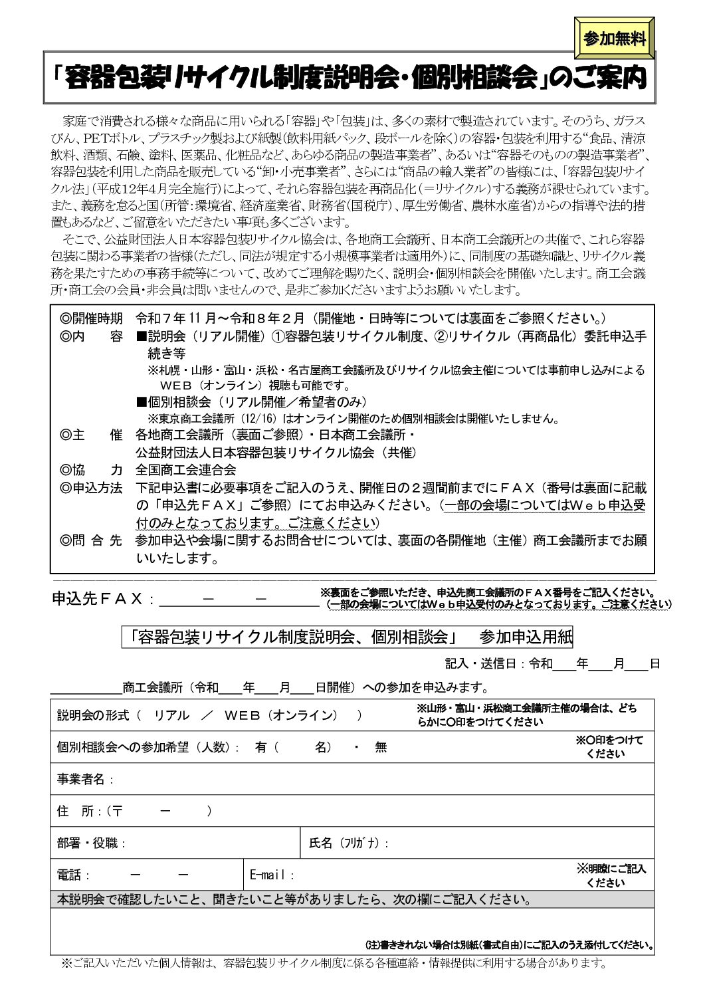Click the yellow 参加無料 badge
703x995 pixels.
coord(615,39)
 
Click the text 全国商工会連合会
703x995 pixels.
coord(186,469)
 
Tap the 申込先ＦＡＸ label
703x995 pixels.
coord(98,600)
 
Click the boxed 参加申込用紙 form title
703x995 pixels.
coord(348,637)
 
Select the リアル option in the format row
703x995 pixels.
coord(171,716)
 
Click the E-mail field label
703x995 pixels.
coord(271,875)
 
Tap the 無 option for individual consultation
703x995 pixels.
coord(381,747)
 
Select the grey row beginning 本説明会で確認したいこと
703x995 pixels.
coord(292,901)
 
